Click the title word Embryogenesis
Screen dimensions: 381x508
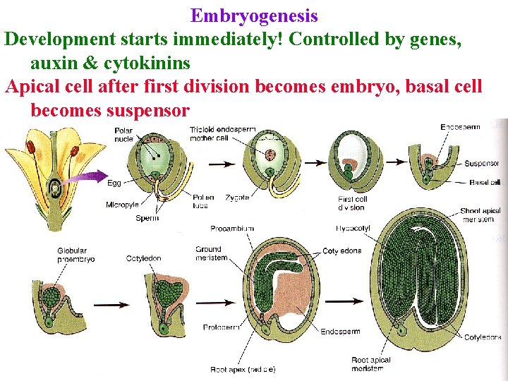(x=254, y=16)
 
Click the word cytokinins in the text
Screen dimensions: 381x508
(x=146, y=63)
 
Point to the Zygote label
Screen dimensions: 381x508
(x=238, y=198)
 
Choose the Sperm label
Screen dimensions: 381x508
(x=146, y=218)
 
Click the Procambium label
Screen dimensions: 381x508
(x=231, y=229)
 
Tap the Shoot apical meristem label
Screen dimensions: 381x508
(x=480, y=215)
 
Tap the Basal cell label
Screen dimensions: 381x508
(x=485, y=182)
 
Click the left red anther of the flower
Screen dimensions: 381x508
(x=31, y=147)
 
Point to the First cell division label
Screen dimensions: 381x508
(x=352, y=203)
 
